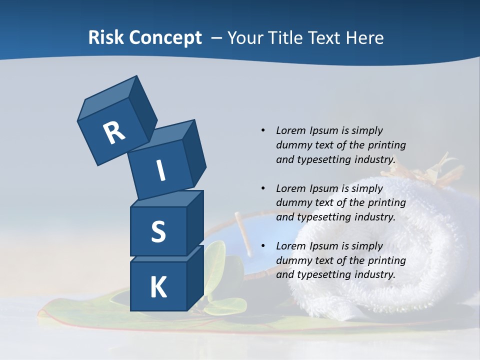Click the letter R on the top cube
pos(114,132)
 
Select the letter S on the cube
pos(158,231)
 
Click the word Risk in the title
pos(105,38)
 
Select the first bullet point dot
pos(263,130)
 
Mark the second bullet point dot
pos(263,188)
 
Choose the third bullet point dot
pos(263,246)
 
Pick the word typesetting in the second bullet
pos(323,217)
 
